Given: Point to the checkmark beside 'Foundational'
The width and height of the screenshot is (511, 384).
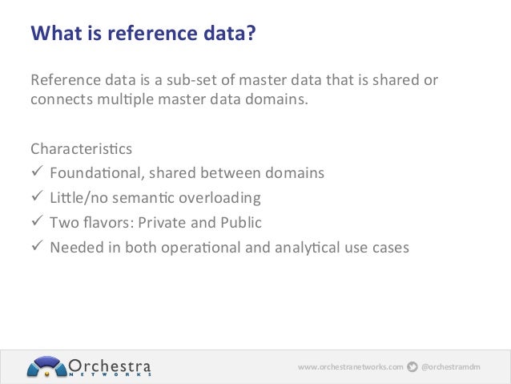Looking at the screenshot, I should pos(36,173).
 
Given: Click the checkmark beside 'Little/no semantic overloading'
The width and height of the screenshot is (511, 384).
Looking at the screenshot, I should pos(36,197).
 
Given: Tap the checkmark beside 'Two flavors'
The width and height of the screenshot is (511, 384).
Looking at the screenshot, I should pos(36,222).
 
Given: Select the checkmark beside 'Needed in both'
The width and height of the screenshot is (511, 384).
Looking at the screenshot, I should pos(36,247).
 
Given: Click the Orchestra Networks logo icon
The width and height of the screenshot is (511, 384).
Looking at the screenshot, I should pos(46,366).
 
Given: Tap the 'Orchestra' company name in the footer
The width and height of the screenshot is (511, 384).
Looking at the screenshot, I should pos(111,364).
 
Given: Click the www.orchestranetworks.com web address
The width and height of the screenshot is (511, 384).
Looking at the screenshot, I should pos(350,367).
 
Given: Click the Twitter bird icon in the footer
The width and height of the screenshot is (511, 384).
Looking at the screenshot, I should pos(412,367).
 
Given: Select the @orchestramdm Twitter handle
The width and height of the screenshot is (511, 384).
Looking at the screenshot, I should pos(453,367).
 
